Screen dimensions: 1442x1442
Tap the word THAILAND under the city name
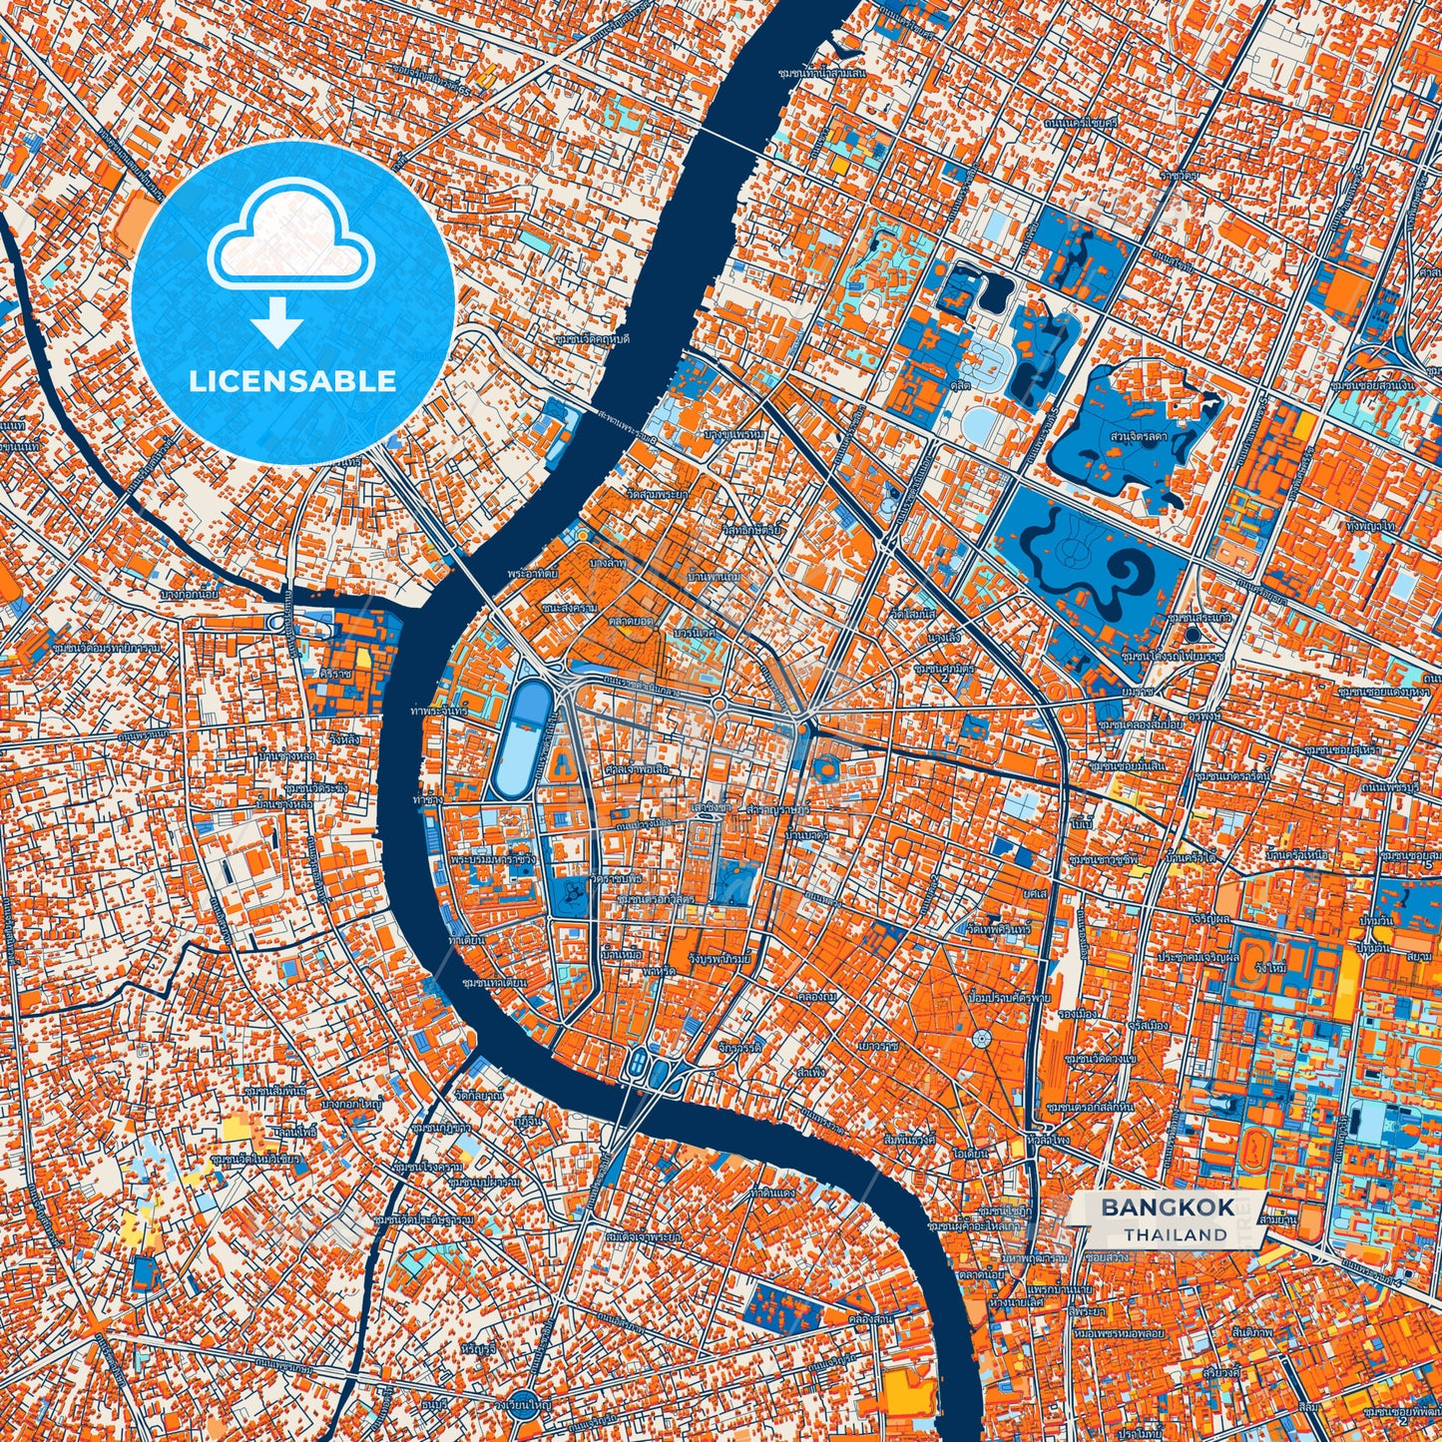coord(1175,1234)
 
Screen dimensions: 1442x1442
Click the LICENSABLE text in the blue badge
coord(293,381)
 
